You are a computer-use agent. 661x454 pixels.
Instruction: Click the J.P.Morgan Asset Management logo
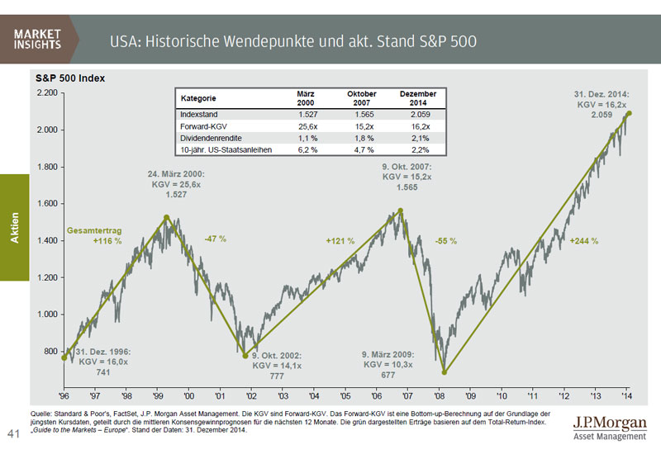[606, 428]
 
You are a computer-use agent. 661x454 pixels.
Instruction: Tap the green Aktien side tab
[14, 227]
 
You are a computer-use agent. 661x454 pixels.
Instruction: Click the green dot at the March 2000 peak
[167, 218]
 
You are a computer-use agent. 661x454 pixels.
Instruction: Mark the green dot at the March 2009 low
[445, 371]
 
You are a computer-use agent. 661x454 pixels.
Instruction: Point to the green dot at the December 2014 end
[630, 114]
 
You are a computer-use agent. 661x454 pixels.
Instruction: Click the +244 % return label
[583, 241]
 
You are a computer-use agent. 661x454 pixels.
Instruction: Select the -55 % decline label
[445, 241]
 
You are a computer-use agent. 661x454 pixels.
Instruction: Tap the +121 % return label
[340, 241]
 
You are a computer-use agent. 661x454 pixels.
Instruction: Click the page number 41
[14, 433]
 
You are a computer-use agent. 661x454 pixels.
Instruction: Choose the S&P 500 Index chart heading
[69, 78]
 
